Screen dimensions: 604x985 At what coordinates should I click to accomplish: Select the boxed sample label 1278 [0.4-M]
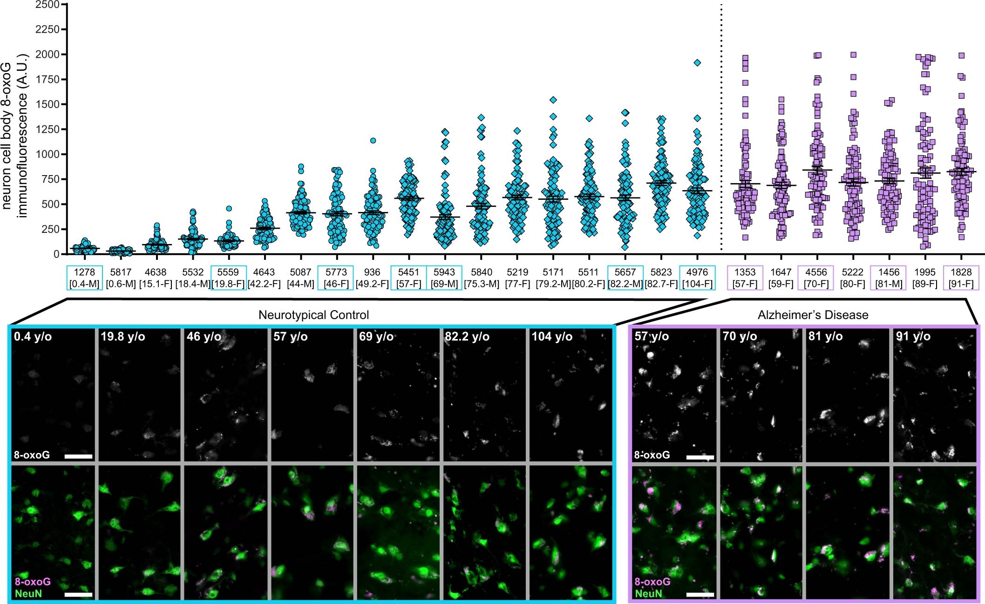click(84, 278)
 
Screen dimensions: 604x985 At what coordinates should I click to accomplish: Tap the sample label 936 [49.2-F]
click(372, 278)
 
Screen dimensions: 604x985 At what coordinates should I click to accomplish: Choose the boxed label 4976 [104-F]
click(697, 278)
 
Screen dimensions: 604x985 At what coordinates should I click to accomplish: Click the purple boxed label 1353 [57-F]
click(745, 278)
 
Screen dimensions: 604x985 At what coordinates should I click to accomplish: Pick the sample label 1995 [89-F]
click(925, 278)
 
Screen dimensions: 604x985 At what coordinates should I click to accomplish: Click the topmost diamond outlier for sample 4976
click(697, 63)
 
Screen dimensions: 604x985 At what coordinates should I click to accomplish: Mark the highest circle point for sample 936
click(373, 141)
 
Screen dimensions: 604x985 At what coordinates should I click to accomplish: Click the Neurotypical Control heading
click(313, 315)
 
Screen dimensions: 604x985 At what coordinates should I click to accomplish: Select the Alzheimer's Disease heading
click(813, 315)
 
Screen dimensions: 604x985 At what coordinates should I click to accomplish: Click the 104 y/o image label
click(552, 337)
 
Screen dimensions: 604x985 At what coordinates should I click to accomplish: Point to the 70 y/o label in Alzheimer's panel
click(740, 337)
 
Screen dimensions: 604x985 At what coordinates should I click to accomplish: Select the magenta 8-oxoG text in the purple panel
click(652, 582)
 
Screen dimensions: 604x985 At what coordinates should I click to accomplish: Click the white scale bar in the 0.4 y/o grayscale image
click(78, 456)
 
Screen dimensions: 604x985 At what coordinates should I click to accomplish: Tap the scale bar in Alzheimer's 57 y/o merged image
click(700, 594)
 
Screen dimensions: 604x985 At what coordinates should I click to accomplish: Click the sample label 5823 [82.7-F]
click(661, 278)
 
